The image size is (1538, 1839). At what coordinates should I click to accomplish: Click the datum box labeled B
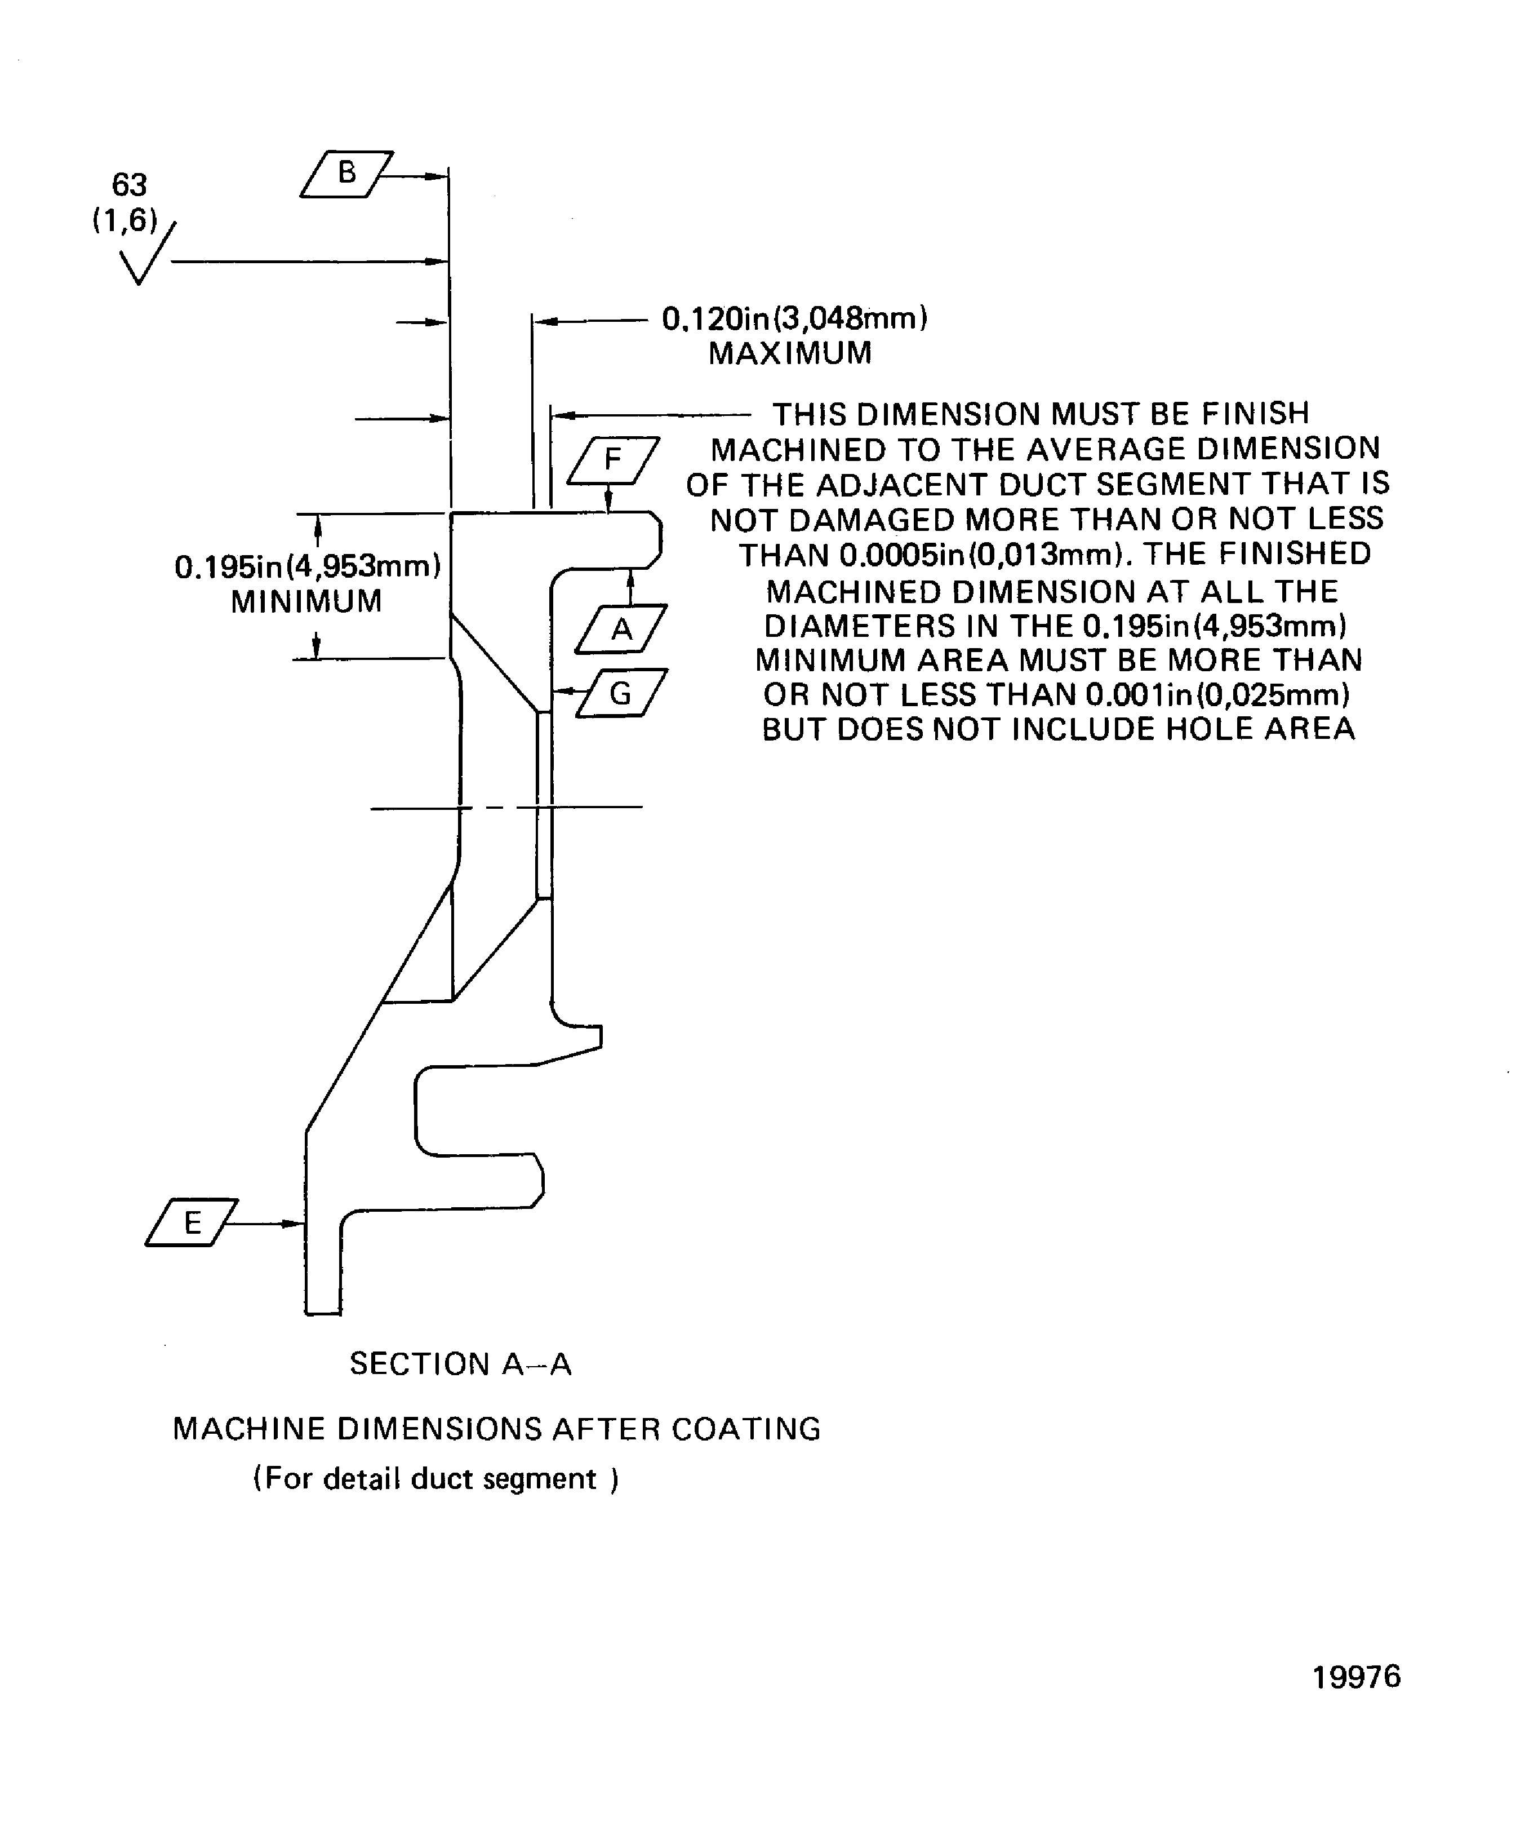(346, 174)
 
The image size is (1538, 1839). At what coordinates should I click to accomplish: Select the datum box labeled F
(613, 460)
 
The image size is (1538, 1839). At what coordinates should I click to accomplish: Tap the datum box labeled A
(621, 629)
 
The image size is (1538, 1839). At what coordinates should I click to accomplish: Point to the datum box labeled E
(192, 1222)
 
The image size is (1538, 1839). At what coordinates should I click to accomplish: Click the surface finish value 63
(130, 185)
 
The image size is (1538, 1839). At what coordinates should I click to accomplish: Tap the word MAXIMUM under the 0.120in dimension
(790, 354)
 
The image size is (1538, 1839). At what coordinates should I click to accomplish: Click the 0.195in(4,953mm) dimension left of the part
(307, 566)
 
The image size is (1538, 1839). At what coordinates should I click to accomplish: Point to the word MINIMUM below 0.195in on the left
(306, 601)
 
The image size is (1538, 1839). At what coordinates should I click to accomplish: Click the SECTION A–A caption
(460, 1363)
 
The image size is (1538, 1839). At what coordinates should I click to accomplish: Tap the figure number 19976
(1356, 1676)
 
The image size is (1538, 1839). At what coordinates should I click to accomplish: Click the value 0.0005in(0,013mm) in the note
(980, 555)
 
